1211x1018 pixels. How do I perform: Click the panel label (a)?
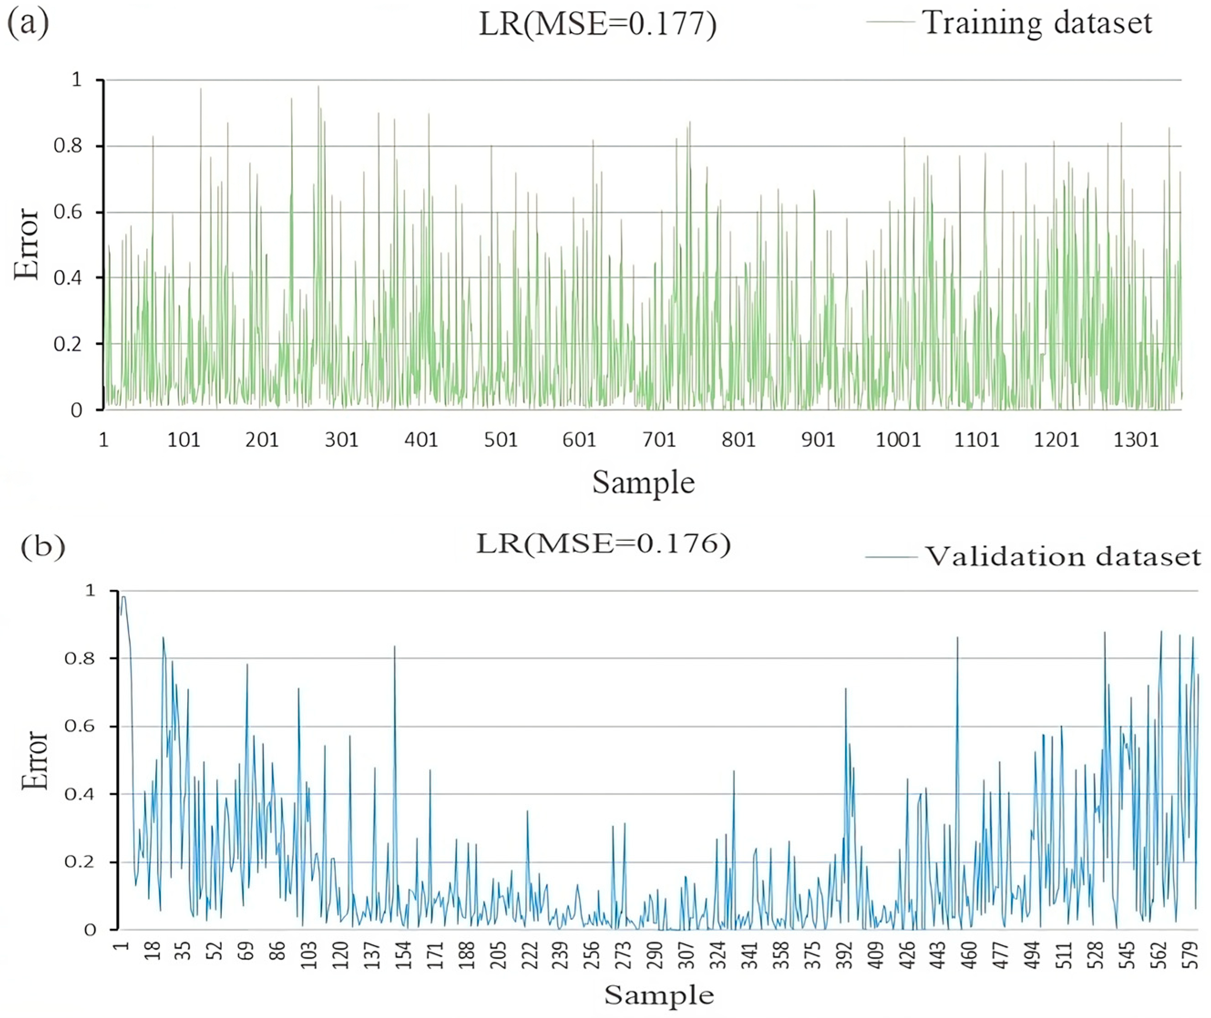pos(27,23)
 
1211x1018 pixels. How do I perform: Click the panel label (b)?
pos(43,547)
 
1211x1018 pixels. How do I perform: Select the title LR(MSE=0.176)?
pos(603,544)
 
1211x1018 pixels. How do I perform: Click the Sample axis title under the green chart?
pos(643,482)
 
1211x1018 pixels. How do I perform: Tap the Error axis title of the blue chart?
pos(35,760)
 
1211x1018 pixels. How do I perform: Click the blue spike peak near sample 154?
pos(394,646)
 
